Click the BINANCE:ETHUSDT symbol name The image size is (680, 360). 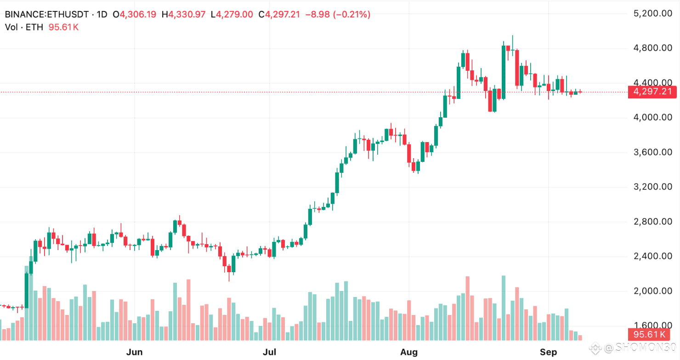pos(46,15)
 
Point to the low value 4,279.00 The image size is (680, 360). pos(234,15)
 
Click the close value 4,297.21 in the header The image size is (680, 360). pos(282,15)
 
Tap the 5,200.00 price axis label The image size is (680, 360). pos(652,14)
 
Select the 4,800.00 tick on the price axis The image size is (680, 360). pos(652,48)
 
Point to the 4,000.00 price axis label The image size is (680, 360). pos(652,118)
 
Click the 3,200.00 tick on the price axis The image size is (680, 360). pos(652,187)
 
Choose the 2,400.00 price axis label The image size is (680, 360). pos(652,257)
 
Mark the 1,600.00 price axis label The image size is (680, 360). pos(652,326)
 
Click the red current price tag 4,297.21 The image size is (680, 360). pos(652,92)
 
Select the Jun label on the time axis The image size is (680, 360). pos(134,353)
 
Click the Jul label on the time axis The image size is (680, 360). pos(269,353)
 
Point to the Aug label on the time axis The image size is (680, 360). pos(409,353)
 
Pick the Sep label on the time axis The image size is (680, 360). pos(548,353)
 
